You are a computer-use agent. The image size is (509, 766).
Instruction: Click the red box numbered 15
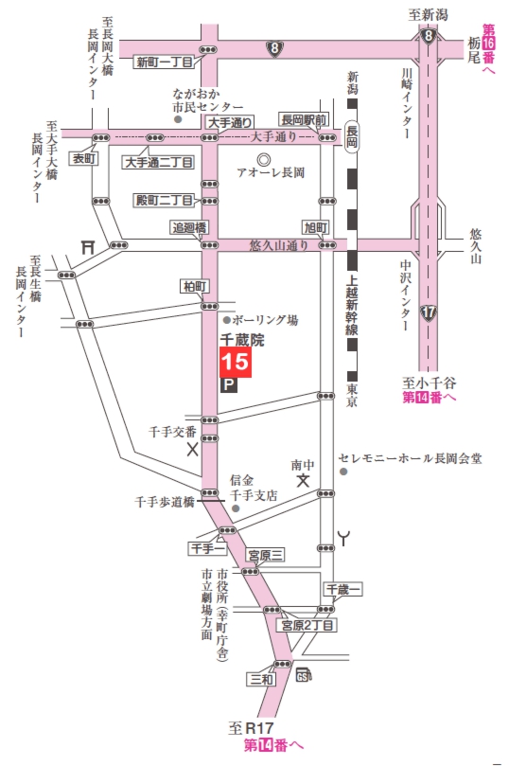point(236,362)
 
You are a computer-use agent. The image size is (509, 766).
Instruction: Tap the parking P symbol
point(227,384)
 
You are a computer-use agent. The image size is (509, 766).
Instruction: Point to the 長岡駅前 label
point(303,120)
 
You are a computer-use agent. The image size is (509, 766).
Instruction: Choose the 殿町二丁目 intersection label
point(164,200)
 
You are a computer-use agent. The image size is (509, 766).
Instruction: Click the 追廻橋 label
point(187,227)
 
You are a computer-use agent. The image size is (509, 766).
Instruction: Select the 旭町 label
point(314,228)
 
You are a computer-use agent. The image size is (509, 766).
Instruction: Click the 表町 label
point(86,159)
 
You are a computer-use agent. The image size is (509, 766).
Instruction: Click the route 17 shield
point(429,310)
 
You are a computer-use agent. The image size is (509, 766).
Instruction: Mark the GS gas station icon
point(303,675)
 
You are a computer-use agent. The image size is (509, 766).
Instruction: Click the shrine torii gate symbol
point(88,245)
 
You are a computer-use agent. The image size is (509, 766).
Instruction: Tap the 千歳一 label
point(343,589)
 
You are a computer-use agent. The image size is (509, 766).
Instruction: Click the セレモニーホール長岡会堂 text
point(417,459)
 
